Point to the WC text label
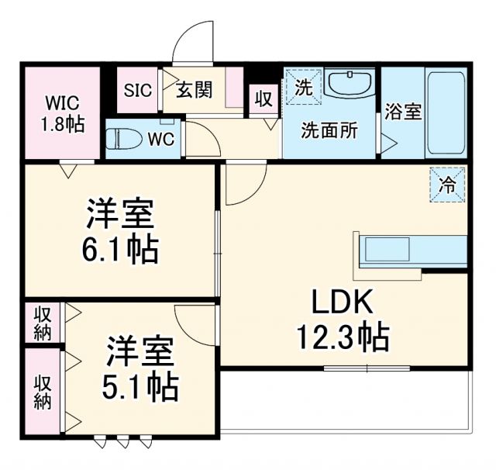coord(160,140)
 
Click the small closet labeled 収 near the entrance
coord(263,98)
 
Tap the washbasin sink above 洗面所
coord(349,85)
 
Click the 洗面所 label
coord(329,130)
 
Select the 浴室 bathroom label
coord(402,111)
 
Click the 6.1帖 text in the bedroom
coord(122,248)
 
